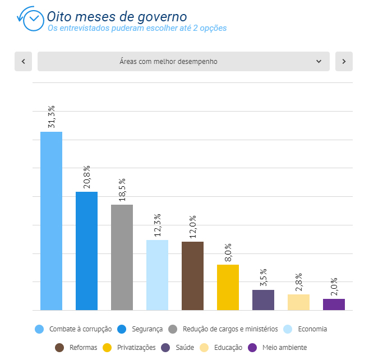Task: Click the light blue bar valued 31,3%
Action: [x=51, y=221]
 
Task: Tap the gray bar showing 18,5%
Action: [x=122, y=257]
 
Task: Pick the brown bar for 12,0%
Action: [x=192, y=276]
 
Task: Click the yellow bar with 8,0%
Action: [x=228, y=287]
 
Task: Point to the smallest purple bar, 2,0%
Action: [x=334, y=304]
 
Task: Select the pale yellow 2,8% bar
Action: [x=298, y=302]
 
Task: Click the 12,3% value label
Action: [x=158, y=225]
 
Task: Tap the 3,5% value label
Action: [x=264, y=275]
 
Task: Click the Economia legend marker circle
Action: [x=288, y=329]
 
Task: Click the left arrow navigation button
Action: [x=23, y=62]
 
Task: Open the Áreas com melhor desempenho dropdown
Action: [x=183, y=62]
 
